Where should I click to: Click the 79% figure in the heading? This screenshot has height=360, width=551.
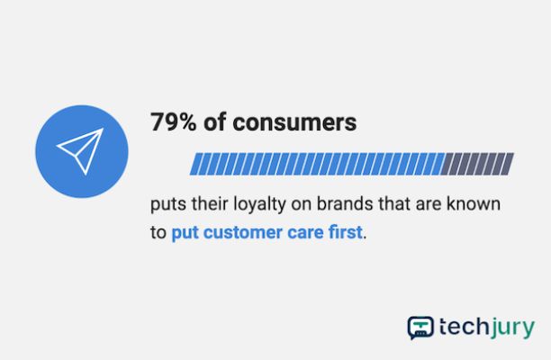coord(173,122)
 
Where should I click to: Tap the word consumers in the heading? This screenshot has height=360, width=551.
coord(294,123)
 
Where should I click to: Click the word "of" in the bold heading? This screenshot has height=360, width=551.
coord(214,122)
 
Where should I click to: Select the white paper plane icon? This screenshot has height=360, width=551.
coord(80,151)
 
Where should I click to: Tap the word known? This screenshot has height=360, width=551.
coord(474,204)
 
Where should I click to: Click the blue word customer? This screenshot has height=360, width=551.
coord(242,232)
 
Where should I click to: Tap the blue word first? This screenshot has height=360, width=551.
coord(345,232)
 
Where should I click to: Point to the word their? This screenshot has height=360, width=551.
coord(210,204)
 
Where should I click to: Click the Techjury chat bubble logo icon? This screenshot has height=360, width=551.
coord(420,328)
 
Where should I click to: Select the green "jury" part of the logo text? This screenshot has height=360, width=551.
coord(512,328)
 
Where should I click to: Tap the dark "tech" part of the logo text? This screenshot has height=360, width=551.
coord(464,327)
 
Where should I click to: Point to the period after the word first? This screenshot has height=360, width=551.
coord(365,238)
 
